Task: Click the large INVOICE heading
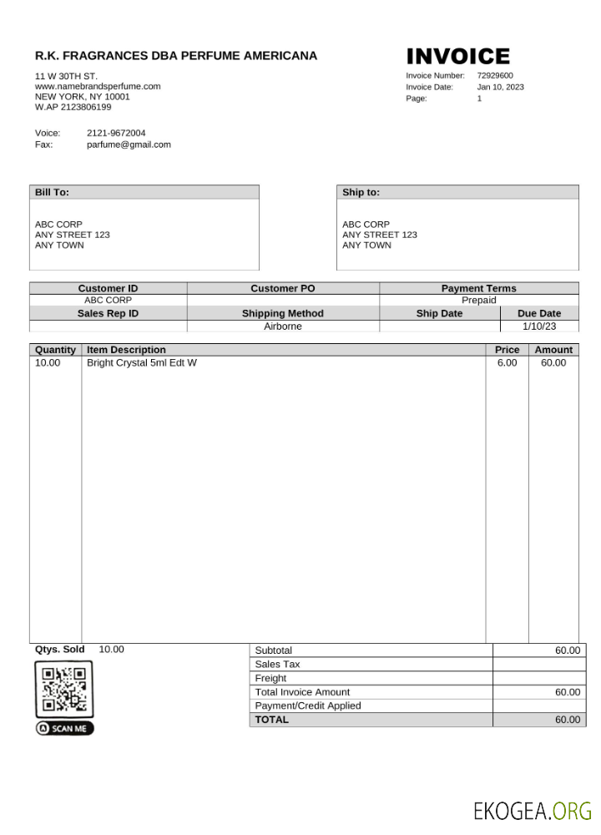pyautogui.click(x=457, y=57)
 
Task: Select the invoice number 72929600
pyautogui.click(x=495, y=75)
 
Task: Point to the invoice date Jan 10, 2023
pyautogui.click(x=501, y=87)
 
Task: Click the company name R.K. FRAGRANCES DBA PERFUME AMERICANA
pyautogui.click(x=176, y=56)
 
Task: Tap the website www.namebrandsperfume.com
pyautogui.click(x=98, y=86)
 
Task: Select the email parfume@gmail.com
pyautogui.click(x=129, y=144)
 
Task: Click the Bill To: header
pyautogui.click(x=52, y=192)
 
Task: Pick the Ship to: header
pyautogui.click(x=361, y=192)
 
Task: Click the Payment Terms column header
pyautogui.click(x=478, y=288)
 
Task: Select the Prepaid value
pyautogui.click(x=478, y=300)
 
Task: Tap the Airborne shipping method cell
pyautogui.click(x=283, y=326)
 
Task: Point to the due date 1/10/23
pyautogui.click(x=538, y=326)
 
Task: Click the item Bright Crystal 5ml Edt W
pyautogui.click(x=142, y=362)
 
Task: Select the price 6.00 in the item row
pyautogui.click(x=507, y=362)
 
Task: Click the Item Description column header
pyautogui.click(x=127, y=350)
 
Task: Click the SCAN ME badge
pyautogui.click(x=65, y=728)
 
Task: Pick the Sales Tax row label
pyautogui.click(x=277, y=664)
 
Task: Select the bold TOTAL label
pyautogui.click(x=272, y=719)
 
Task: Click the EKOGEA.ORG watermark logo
pyautogui.click(x=533, y=810)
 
